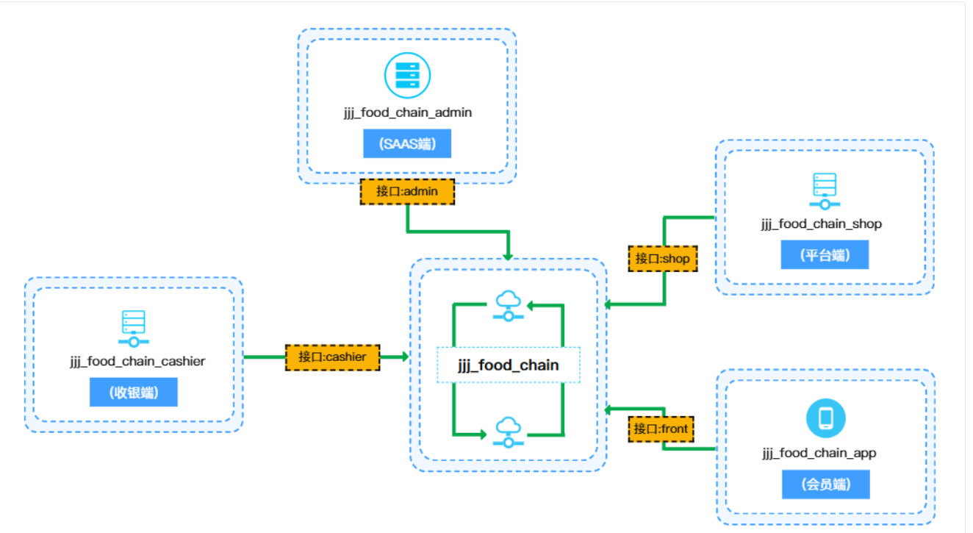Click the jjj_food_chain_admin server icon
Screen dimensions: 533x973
coord(407,74)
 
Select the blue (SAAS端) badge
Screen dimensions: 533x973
coord(407,144)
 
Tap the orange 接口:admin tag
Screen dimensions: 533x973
coord(407,192)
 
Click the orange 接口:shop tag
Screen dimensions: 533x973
coord(662,259)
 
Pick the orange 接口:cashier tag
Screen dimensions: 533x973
coord(332,357)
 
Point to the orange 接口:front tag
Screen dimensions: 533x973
coord(661,429)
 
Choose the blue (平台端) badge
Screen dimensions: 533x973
coord(825,255)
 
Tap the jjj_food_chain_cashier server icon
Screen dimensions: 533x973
coord(133,328)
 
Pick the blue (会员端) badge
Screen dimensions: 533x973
coord(825,485)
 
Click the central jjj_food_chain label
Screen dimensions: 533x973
coord(508,365)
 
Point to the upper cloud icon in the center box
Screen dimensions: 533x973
coord(508,305)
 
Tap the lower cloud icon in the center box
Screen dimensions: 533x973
coord(508,432)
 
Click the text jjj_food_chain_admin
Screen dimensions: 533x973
coord(407,112)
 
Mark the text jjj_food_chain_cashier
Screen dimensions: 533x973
coord(134,361)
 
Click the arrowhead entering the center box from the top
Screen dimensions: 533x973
coord(507,255)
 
